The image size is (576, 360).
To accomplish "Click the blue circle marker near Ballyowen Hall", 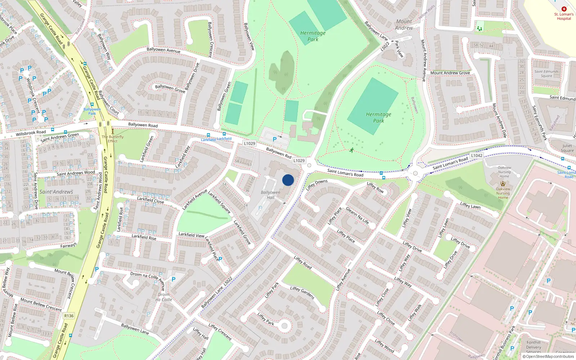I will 288,180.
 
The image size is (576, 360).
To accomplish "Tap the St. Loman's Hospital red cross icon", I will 564,9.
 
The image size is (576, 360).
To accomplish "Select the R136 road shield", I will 69,316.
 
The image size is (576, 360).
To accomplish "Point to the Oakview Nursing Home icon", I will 503,184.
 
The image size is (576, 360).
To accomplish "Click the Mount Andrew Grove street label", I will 450,73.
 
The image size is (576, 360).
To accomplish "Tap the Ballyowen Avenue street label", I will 163,50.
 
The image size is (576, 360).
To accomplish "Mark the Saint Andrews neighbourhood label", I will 56,192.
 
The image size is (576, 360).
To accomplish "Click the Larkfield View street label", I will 192,235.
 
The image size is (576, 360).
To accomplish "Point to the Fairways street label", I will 68,246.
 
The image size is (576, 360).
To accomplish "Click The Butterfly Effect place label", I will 113,139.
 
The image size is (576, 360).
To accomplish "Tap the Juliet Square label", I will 567,148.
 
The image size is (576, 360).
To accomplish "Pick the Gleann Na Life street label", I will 357,215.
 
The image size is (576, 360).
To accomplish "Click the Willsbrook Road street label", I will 31,133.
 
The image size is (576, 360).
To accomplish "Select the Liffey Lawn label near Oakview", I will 470,205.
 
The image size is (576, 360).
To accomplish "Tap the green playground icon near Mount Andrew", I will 479,28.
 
